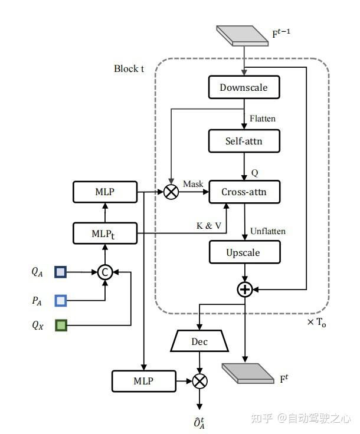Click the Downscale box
pos(244,88)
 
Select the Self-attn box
pos(244,142)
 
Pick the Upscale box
pos(244,252)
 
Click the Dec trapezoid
pos(200,341)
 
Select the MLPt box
pos(105,233)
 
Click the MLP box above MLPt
pos(105,192)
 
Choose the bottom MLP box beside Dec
pos(143,381)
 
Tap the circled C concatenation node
pos(105,272)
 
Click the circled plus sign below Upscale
pos(244,289)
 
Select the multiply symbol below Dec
pos(200,381)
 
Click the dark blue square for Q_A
pos(61,272)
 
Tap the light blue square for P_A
pos(61,300)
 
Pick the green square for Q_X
pos(61,325)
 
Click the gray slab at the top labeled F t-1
pos(241,35)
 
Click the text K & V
pos(209,225)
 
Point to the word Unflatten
pos(267,231)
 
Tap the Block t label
pos(129,68)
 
